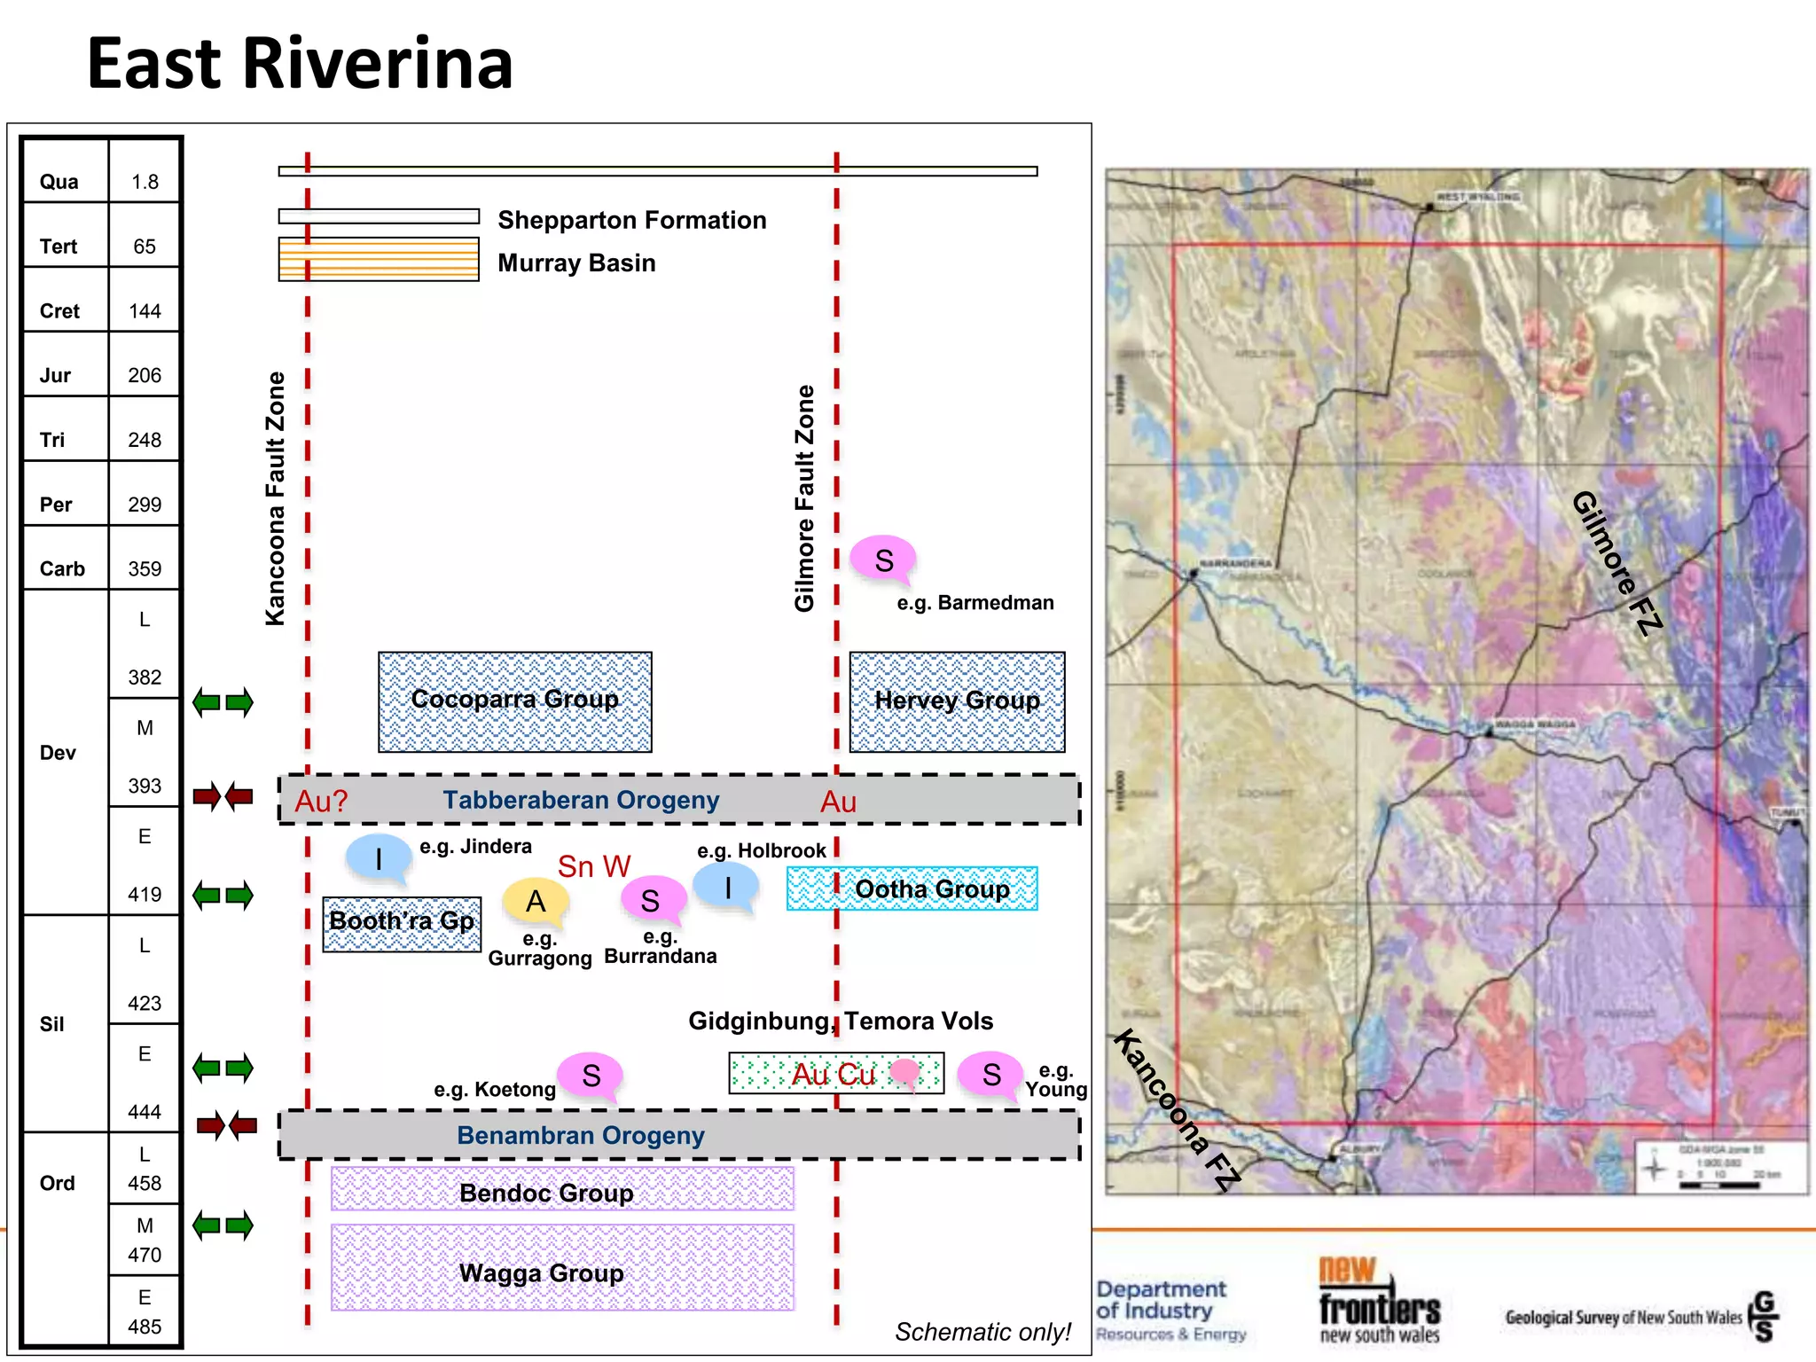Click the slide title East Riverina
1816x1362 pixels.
click(300, 64)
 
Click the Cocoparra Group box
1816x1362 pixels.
click(514, 701)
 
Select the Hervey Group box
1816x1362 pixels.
click(957, 701)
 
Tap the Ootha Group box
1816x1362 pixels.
click(912, 888)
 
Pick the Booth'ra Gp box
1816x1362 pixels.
click(402, 923)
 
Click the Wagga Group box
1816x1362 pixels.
click(562, 1267)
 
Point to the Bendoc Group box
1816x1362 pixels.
click(562, 1189)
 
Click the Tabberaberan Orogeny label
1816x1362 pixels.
click(581, 800)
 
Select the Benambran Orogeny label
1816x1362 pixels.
click(581, 1135)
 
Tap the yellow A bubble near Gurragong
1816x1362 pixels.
click(536, 901)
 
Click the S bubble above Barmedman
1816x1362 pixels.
click(883, 560)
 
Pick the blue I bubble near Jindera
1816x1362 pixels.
click(379, 857)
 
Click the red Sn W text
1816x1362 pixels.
click(593, 866)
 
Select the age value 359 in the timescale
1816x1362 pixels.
click(145, 568)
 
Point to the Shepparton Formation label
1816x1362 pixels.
click(631, 220)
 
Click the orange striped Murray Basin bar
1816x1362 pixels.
click(379, 259)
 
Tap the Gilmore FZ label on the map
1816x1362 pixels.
click(1616, 562)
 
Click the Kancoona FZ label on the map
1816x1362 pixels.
click(1176, 1109)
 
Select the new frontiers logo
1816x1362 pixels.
click(1379, 1300)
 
